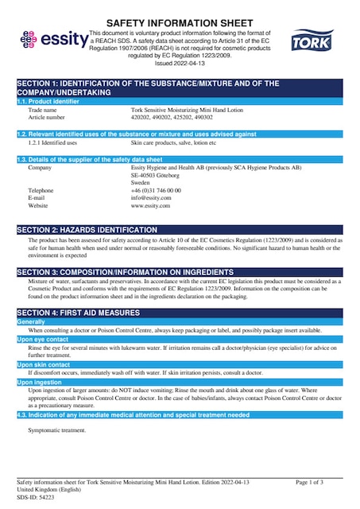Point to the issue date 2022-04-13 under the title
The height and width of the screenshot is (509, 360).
180,63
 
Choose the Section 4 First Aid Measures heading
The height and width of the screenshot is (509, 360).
87,313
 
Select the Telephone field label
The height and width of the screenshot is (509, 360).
41,191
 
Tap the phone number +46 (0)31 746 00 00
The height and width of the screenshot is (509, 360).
156,191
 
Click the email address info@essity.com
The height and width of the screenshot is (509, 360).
151,198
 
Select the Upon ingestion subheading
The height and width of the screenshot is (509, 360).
41,383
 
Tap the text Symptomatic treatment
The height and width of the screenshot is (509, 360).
56,430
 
